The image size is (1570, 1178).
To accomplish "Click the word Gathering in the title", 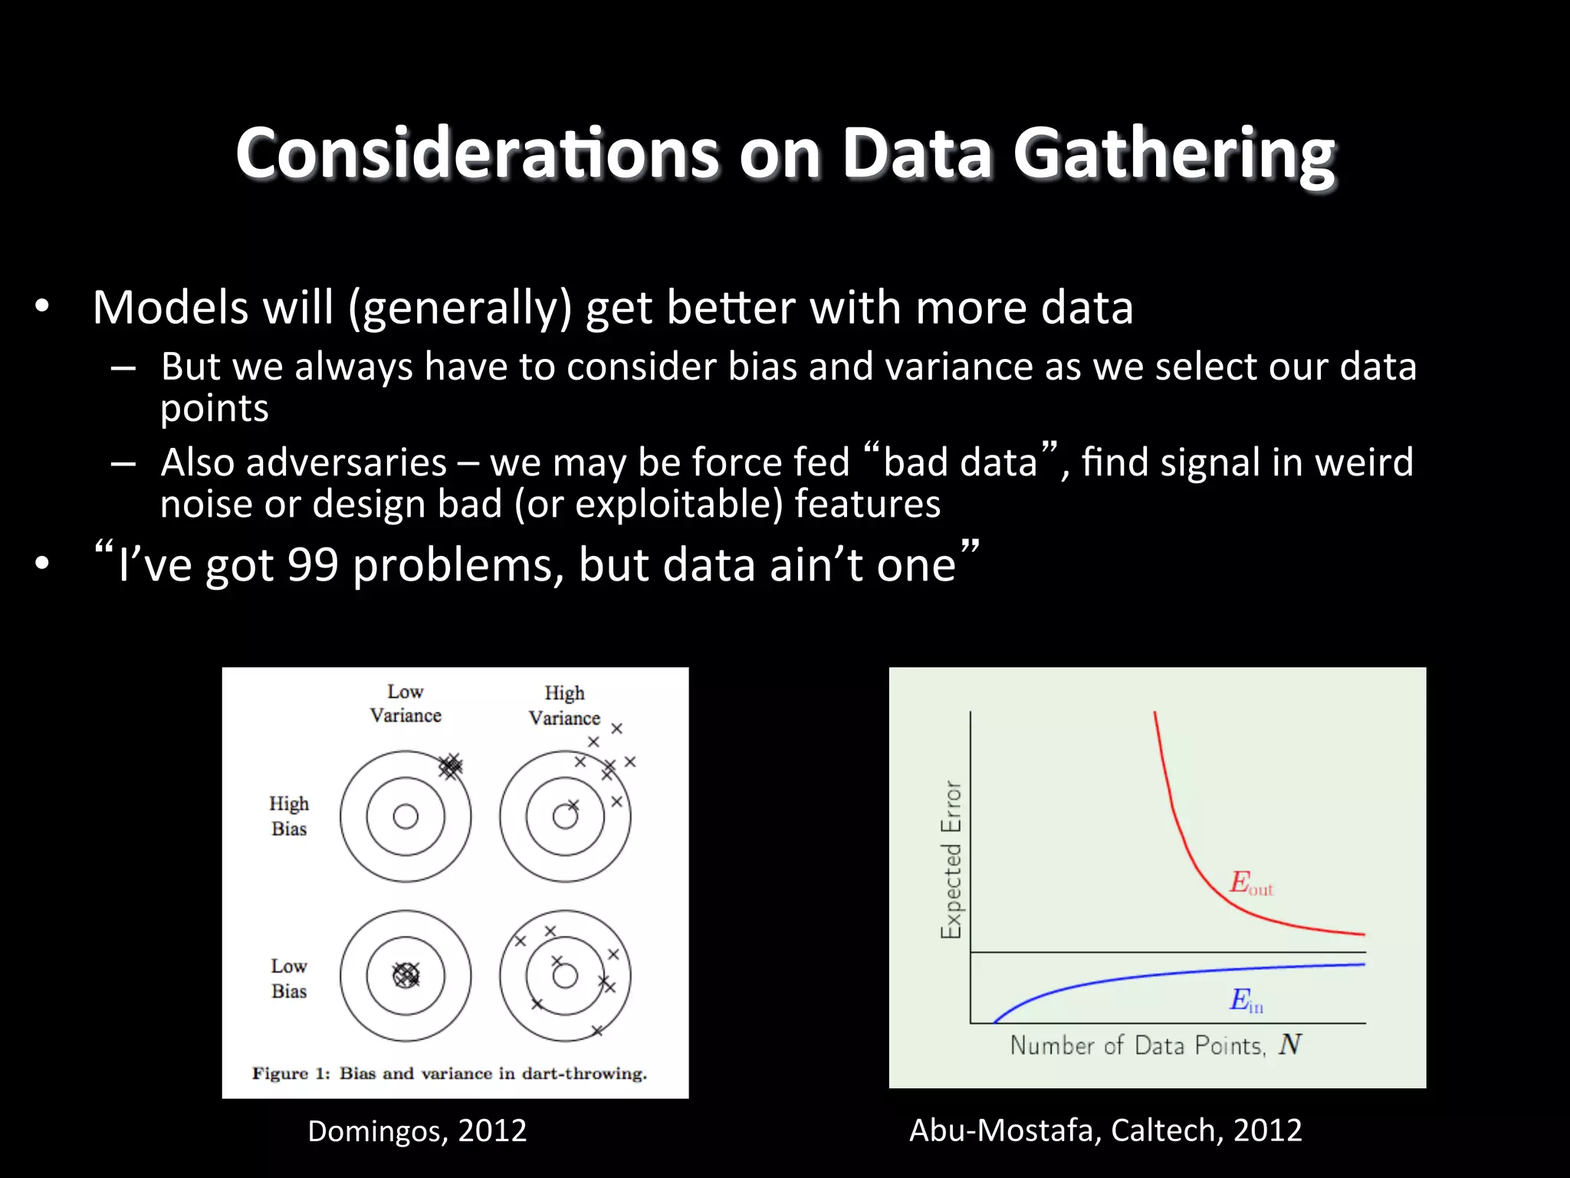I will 1174,153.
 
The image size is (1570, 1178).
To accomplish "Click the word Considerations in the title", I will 477,153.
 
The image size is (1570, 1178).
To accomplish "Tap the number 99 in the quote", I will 313,565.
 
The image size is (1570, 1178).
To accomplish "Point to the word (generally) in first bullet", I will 460,308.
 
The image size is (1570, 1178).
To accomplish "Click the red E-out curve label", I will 1250,883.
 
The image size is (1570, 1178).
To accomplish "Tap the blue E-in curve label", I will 1246,1000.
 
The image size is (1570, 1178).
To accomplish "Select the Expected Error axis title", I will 951,859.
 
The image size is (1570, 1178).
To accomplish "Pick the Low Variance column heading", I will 406,703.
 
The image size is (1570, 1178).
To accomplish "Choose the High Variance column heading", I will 564,706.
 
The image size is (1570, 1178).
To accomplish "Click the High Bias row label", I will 289,816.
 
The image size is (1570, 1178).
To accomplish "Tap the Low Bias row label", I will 289,979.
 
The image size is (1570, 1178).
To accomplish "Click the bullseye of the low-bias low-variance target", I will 406,976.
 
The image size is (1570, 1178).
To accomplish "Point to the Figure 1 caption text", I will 449,1074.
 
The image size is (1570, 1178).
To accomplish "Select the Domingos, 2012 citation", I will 417,1131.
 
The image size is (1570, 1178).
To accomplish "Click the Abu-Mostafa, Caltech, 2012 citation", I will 1105,1130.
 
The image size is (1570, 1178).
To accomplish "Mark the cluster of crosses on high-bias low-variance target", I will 451,765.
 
